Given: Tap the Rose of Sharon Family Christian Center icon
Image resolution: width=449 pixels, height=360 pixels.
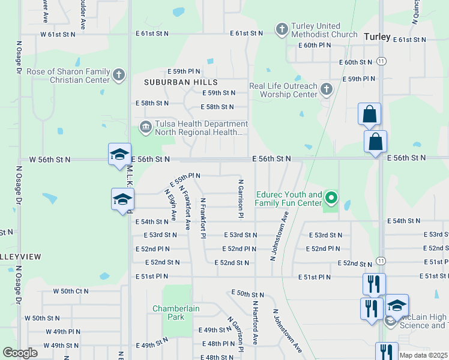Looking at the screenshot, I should pyautogui.click(x=119, y=74).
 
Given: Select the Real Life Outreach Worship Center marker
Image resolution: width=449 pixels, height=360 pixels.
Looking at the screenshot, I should pyautogui.click(x=326, y=89).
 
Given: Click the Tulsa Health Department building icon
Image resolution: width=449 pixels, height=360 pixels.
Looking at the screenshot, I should pyautogui.click(x=145, y=127).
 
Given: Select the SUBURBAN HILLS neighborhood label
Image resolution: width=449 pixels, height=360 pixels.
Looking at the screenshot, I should pyautogui.click(x=180, y=82).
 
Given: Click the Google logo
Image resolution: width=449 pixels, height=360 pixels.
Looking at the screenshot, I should pyautogui.click(x=20, y=353).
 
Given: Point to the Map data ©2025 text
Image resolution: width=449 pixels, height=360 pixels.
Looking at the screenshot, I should pyautogui.click(x=423, y=355).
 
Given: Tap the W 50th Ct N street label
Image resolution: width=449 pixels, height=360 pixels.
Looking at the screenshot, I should pyautogui.click(x=70, y=291).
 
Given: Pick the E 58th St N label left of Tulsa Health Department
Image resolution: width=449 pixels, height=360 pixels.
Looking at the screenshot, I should pyautogui.click(x=152, y=103).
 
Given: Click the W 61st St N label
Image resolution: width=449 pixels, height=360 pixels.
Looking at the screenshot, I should pyautogui.click(x=58, y=34).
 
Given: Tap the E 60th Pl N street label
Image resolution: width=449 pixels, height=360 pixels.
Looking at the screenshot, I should pyautogui.click(x=314, y=45).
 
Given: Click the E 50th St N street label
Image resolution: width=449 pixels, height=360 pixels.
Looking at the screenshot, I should pyautogui.click(x=248, y=294).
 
